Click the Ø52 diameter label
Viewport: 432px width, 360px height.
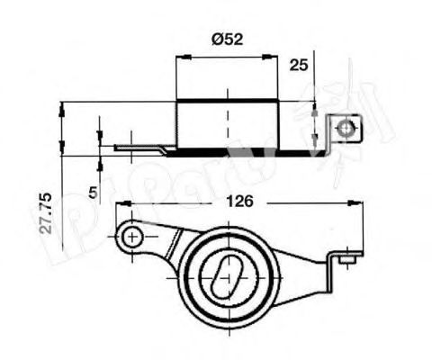(227, 39)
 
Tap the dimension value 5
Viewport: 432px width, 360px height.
(94, 191)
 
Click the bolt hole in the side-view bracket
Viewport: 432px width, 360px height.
(344, 130)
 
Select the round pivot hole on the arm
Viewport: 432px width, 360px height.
(131, 238)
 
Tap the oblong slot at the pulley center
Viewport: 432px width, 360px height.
(228, 273)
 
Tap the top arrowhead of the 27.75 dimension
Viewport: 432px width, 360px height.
(62, 107)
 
